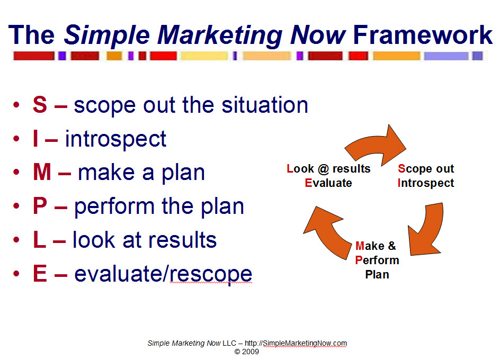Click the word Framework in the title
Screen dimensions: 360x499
click(x=423, y=35)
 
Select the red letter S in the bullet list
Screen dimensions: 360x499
click(x=40, y=105)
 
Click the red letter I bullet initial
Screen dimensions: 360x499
click(x=35, y=139)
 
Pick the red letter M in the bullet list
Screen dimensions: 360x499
click(x=42, y=173)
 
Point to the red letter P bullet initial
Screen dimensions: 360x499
click(x=40, y=206)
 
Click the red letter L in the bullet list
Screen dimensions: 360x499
click(x=39, y=240)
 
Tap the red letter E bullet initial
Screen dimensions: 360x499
click(x=40, y=274)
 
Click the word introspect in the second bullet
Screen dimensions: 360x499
click(x=115, y=139)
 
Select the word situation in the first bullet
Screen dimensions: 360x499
click(x=265, y=105)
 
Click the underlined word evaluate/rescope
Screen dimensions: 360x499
click(x=163, y=274)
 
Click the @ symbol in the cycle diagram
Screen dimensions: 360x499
click(x=323, y=169)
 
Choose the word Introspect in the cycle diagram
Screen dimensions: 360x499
click(x=426, y=183)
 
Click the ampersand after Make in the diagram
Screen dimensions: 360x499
click(x=391, y=246)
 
